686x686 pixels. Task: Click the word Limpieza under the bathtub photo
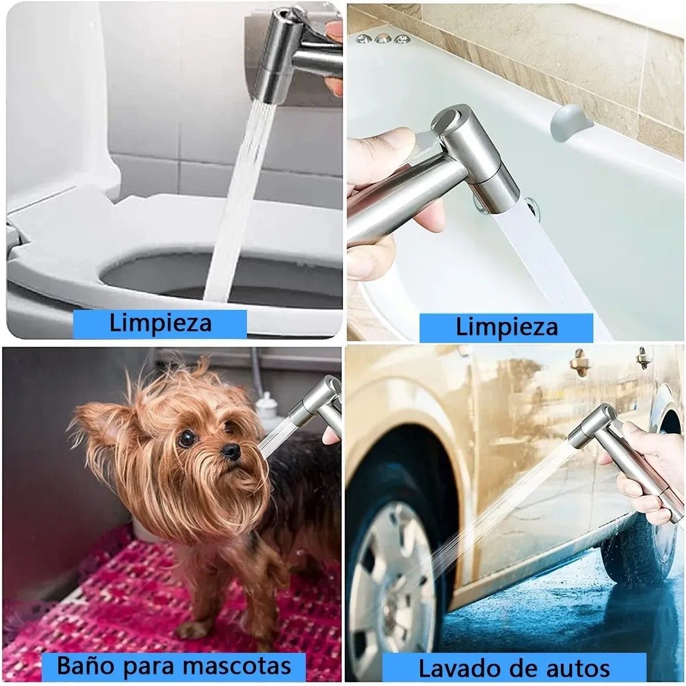[x=506, y=327]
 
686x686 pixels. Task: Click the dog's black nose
[x=230, y=451]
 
